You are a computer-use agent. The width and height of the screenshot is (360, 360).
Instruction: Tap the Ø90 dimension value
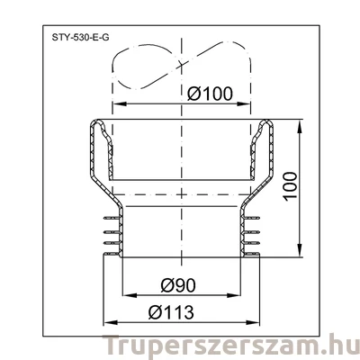click(180, 286)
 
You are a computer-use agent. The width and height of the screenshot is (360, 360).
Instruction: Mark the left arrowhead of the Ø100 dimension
click(114, 103)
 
